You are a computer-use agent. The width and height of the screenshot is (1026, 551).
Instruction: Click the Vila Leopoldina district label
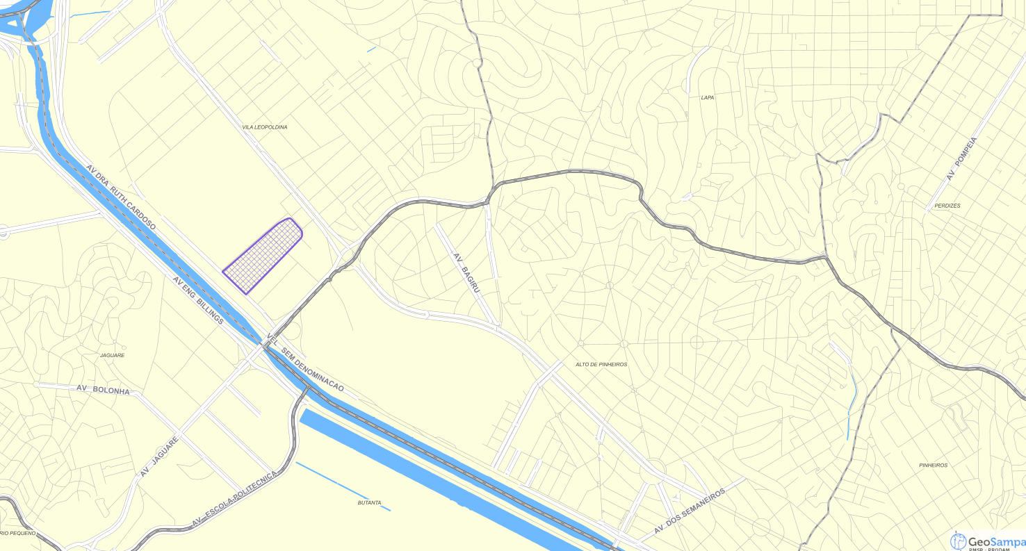(264, 127)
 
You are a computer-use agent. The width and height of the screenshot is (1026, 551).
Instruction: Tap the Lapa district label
(707, 97)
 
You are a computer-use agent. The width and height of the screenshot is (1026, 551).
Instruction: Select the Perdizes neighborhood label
(947, 206)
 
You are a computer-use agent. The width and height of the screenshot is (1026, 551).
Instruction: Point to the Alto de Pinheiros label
(601, 364)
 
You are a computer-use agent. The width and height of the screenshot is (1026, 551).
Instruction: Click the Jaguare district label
(113, 355)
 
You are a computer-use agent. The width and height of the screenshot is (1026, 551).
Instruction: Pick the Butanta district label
(369, 502)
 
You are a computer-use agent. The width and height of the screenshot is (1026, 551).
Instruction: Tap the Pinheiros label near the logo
(933, 465)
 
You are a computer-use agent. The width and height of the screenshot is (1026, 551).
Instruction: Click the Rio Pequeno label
(18, 533)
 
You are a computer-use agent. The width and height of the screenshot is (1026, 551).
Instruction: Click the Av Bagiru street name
(466, 272)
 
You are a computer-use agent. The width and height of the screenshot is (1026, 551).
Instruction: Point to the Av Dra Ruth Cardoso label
(122, 197)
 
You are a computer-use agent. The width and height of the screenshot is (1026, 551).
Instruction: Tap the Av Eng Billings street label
(198, 300)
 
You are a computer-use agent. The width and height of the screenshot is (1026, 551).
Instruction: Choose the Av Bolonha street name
(103, 389)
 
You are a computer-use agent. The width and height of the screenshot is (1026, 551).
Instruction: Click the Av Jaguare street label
(159, 456)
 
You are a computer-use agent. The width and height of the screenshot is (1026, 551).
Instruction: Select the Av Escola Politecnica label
(235, 498)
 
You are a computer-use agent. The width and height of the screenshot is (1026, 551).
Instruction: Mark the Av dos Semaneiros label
(690, 511)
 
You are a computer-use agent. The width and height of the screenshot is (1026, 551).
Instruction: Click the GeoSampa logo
(987, 541)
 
